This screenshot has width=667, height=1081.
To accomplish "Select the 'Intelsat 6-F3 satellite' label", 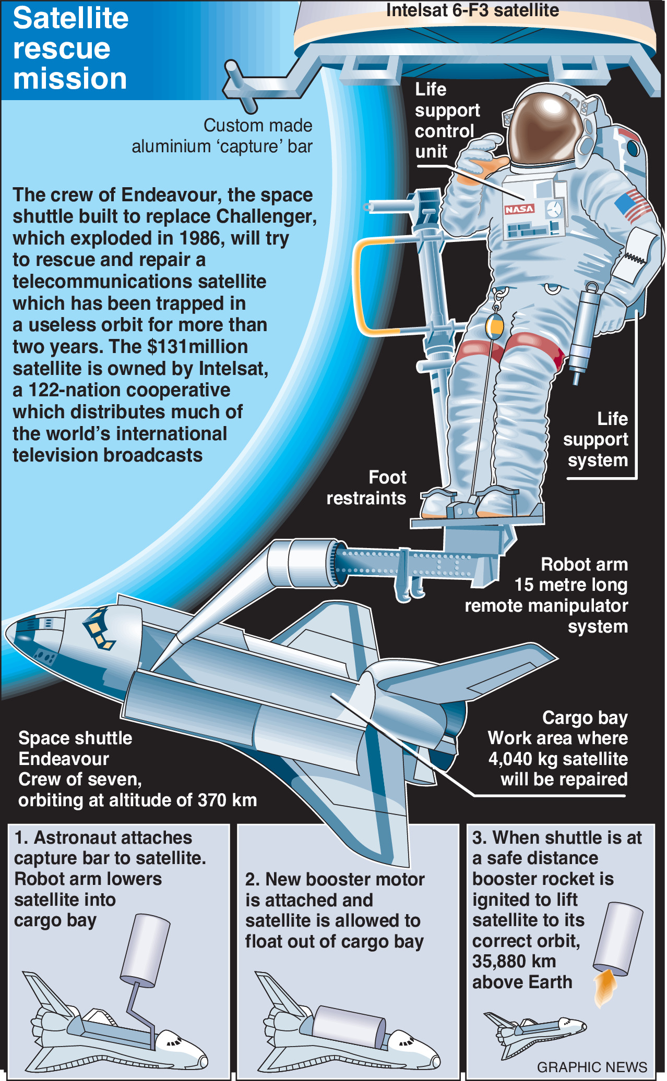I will (x=472, y=10).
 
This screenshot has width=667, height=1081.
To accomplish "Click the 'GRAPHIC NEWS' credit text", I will (x=592, y=1067).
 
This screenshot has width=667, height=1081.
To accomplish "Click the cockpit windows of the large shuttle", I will (x=100, y=628).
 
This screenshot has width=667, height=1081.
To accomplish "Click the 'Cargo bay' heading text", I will (x=585, y=718).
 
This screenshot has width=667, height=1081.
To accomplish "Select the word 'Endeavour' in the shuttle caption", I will (x=64, y=759).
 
